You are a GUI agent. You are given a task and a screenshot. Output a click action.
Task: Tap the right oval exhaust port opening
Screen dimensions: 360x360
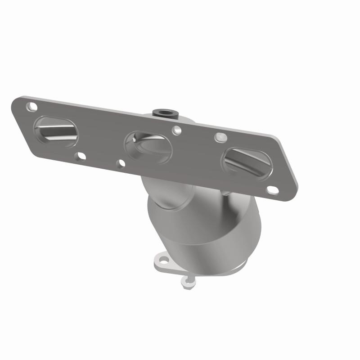(x=246, y=162)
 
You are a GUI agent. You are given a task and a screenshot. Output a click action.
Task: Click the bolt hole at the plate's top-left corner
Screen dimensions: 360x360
(x=31, y=107)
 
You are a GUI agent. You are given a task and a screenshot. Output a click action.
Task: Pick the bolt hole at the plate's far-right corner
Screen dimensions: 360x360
(x=273, y=190)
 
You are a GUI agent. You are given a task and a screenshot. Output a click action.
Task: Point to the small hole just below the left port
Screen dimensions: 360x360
(x=81, y=156)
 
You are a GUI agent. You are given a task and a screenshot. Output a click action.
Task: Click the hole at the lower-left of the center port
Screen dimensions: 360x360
(x=120, y=162)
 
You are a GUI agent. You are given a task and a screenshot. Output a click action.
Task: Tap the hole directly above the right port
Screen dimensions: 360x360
(x=220, y=136)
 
